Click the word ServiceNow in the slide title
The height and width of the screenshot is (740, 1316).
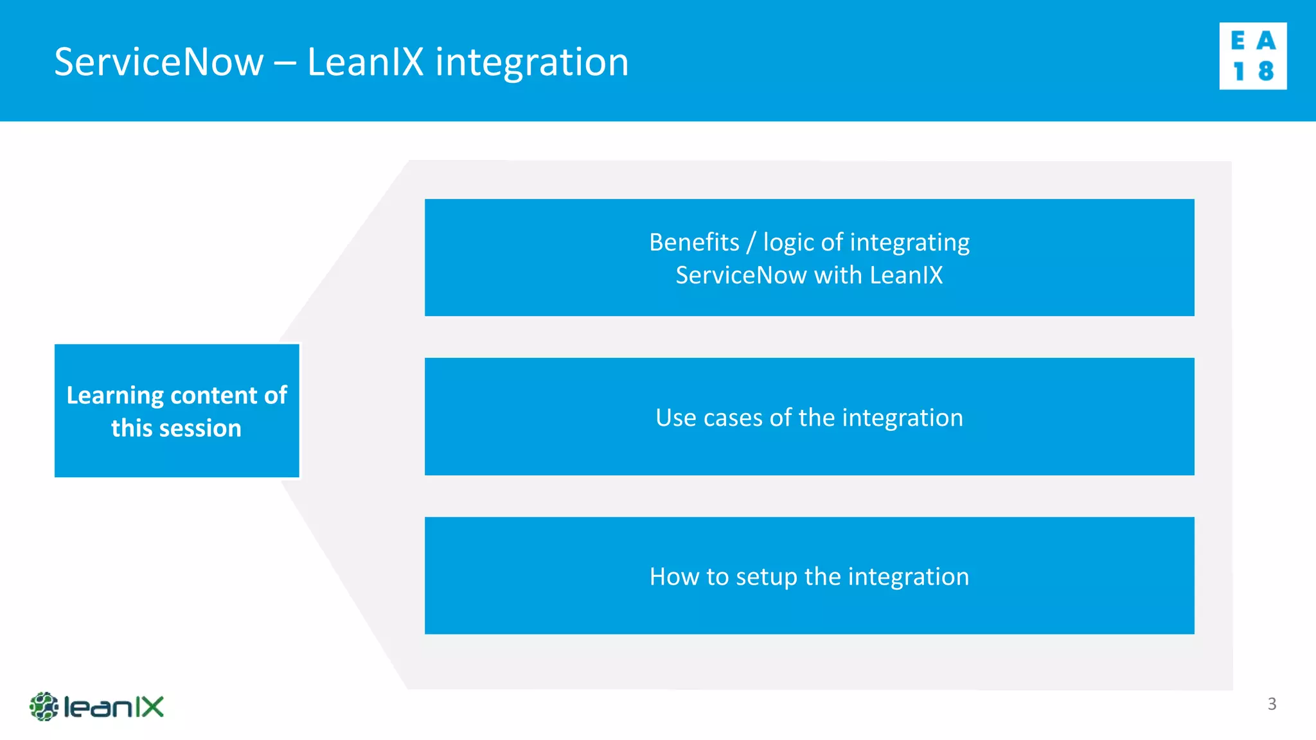pyautogui.click(x=159, y=62)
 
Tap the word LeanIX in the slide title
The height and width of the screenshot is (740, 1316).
pyautogui.click(x=365, y=62)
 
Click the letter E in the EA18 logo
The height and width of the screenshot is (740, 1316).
pyautogui.click(x=1238, y=41)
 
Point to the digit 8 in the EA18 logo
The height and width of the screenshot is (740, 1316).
pyautogui.click(x=1266, y=71)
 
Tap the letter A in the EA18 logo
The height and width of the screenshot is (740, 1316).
pyautogui.click(x=1266, y=41)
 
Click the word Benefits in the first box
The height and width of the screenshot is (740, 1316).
pyautogui.click(x=694, y=242)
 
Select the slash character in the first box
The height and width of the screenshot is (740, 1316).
pyautogui.click(x=751, y=243)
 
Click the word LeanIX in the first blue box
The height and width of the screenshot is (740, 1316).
pyautogui.click(x=906, y=275)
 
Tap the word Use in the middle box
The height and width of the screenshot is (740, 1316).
pyautogui.click(x=675, y=418)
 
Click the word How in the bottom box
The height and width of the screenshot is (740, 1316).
pyautogui.click(x=673, y=576)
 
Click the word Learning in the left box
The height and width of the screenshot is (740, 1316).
pyautogui.click(x=115, y=396)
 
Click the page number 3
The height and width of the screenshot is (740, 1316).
pyautogui.click(x=1272, y=704)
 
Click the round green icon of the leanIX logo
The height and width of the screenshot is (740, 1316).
pyautogui.click(x=44, y=707)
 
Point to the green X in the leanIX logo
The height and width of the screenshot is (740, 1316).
pyautogui.click(x=151, y=707)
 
